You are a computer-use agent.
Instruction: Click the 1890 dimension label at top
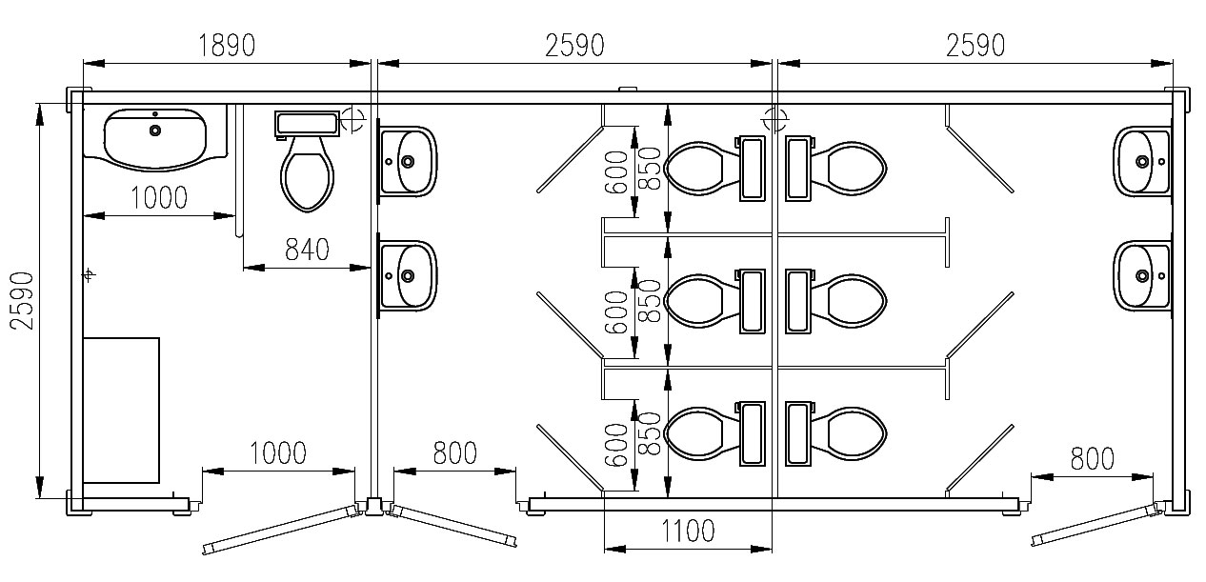pyautogui.click(x=227, y=45)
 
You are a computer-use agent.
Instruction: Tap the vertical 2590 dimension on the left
pyautogui.click(x=23, y=300)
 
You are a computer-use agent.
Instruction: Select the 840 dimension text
pyautogui.click(x=307, y=250)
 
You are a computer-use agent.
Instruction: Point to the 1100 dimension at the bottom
pyautogui.click(x=688, y=531)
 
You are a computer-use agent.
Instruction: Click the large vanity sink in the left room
pyautogui.click(x=155, y=138)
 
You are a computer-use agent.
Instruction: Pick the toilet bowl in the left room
pyautogui.click(x=307, y=173)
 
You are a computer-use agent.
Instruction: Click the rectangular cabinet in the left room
pyautogui.click(x=121, y=411)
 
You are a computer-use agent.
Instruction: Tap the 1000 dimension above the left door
pyautogui.click(x=278, y=452)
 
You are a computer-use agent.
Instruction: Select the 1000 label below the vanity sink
pyautogui.click(x=159, y=197)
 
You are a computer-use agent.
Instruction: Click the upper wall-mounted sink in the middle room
pyautogui.click(x=407, y=161)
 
